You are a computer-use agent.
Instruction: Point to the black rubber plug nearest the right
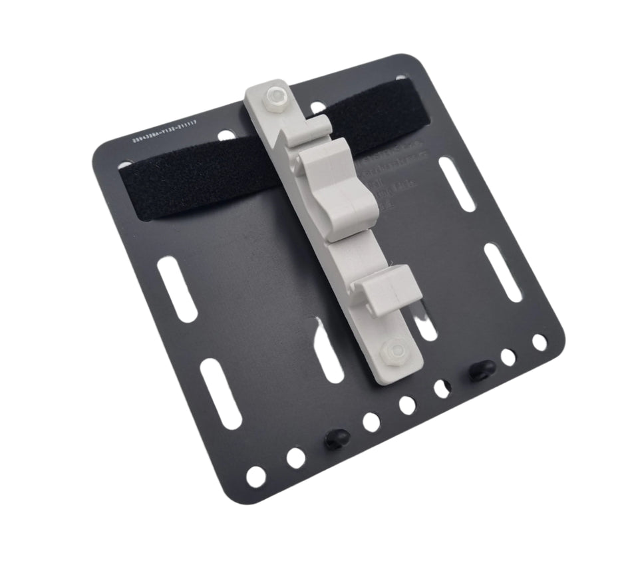[481, 370]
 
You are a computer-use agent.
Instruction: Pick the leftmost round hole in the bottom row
[255, 475]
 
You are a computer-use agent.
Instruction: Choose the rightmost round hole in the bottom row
[540, 342]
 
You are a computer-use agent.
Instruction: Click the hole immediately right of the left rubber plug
[371, 422]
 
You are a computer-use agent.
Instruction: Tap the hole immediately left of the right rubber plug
[442, 388]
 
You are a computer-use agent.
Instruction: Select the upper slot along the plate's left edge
[177, 289]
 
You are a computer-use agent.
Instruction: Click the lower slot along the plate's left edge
[220, 393]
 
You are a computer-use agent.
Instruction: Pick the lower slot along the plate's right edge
[503, 272]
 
